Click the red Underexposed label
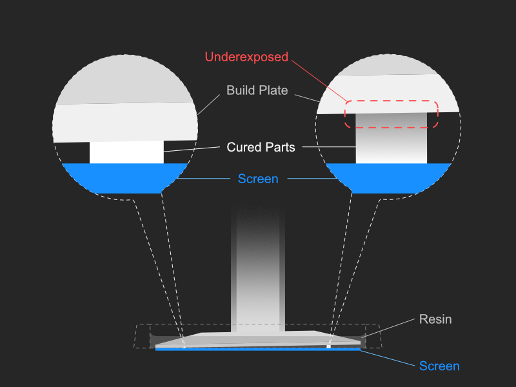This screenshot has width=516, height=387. click(x=246, y=57)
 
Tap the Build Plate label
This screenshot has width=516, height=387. click(x=257, y=90)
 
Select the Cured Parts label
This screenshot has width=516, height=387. click(x=261, y=147)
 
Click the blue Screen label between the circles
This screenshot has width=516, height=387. click(x=258, y=179)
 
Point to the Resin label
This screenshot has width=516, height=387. click(x=435, y=319)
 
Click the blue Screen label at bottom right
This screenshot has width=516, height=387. click(x=439, y=366)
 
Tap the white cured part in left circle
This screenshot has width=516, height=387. click(x=126, y=152)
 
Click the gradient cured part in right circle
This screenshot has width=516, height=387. click(x=392, y=145)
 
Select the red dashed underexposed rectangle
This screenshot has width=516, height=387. click(x=391, y=114)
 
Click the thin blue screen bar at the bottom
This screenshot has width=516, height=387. click(x=258, y=348)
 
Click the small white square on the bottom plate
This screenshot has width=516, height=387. click(x=329, y=346)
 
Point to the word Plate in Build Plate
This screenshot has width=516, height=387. click(x=273, y=90)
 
